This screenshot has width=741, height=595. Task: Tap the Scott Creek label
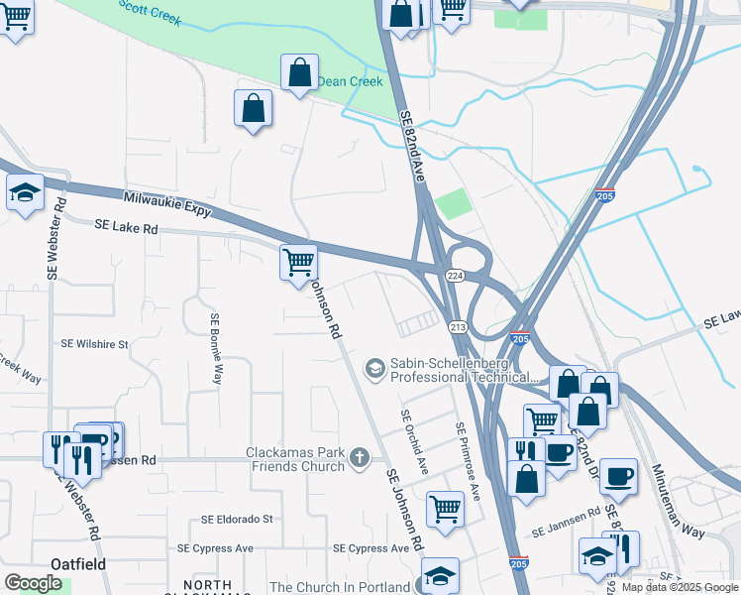(151, 13)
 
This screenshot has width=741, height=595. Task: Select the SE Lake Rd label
(127, 227)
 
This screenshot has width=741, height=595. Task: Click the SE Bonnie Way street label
(214, 348)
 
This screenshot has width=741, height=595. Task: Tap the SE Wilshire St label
(95, 344)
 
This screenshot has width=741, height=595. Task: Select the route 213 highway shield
(458, 327)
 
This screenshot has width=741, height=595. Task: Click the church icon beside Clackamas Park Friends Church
(359, 457)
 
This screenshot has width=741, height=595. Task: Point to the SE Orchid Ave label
(415, 441)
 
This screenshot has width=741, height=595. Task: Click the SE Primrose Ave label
(467, 460)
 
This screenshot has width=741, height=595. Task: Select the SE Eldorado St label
(237, 519)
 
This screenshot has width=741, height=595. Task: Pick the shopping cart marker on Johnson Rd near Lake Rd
(298, 263)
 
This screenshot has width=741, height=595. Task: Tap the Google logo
(33, 583)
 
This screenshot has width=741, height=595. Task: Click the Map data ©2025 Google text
(680, 587)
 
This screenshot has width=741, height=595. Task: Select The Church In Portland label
(340, 587)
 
